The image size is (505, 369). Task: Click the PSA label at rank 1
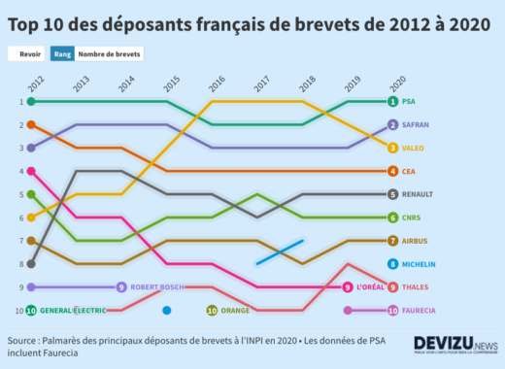409,101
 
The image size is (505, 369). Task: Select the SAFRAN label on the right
416,125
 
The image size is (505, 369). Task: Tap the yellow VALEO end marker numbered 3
392,148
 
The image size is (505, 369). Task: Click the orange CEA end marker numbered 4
392,171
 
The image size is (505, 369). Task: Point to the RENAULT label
418,194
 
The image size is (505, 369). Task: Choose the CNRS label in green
412,218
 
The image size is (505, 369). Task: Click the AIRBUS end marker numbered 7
392,241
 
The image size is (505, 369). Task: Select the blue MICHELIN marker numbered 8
392,264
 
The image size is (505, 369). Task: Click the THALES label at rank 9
417,287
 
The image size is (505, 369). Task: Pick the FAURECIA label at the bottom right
420,311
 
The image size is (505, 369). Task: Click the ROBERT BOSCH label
155,287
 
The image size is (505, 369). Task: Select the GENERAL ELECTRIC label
74,311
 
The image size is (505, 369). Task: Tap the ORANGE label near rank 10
235,311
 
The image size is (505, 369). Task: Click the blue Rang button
63,54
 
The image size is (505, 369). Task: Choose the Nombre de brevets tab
110,54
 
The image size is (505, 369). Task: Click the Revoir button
30,54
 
